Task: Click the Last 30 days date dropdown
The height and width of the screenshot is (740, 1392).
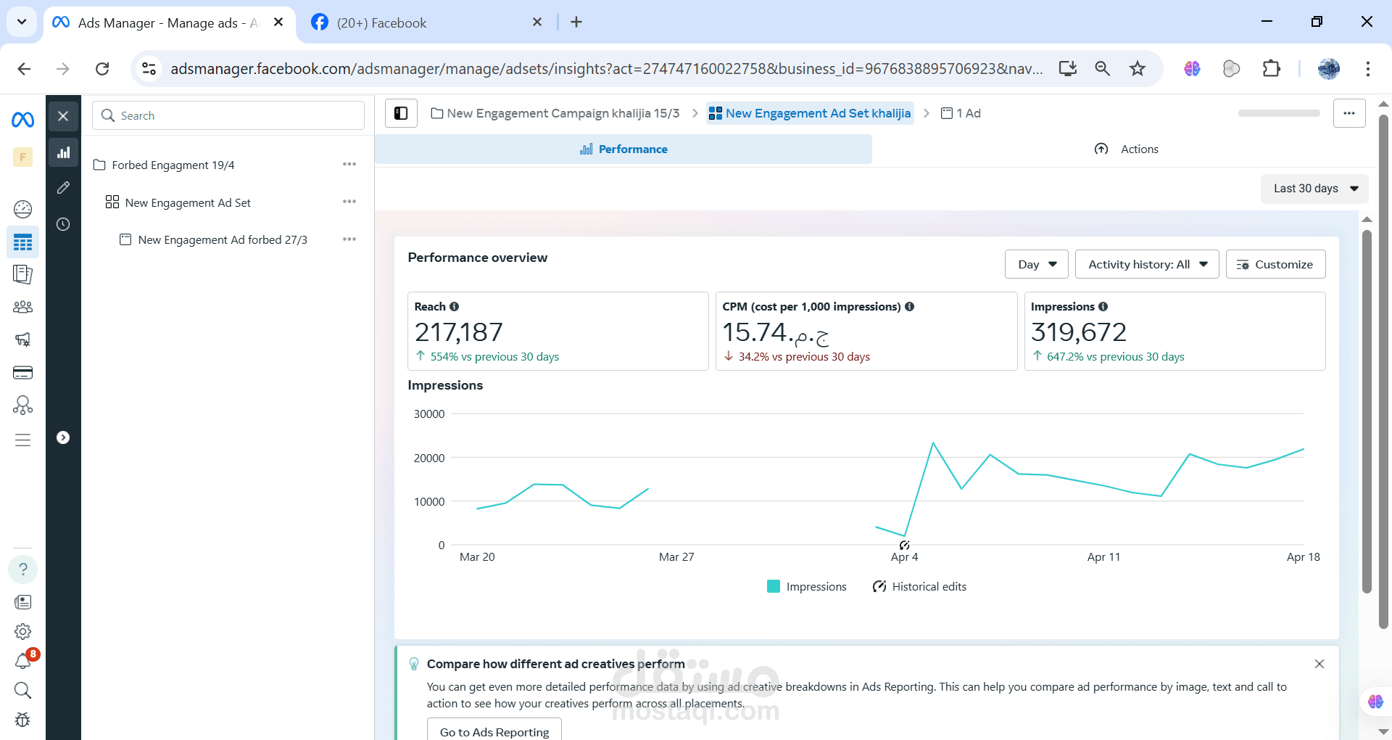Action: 1314,189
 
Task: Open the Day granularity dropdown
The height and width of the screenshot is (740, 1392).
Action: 1036,264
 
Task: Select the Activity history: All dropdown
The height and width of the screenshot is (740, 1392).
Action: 1146,264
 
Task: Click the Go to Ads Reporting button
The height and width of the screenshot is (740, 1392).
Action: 494,731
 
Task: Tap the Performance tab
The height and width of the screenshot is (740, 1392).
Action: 623,149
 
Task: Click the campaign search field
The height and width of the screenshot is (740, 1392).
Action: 228,115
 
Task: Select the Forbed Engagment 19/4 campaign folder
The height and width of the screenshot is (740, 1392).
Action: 173,165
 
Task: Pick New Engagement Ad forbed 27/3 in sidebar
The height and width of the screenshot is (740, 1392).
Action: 222,240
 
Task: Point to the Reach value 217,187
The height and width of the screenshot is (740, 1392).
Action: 458,332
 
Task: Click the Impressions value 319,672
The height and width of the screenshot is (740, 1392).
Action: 1079,332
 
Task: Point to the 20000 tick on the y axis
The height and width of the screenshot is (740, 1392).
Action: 429,458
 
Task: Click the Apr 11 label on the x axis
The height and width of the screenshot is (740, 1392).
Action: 1103,557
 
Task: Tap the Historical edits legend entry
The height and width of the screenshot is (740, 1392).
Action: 920,586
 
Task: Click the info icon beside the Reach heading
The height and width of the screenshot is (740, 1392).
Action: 455,307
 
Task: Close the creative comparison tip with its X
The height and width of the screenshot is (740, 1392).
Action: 1319,664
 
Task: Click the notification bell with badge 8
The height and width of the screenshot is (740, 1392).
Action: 23,660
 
